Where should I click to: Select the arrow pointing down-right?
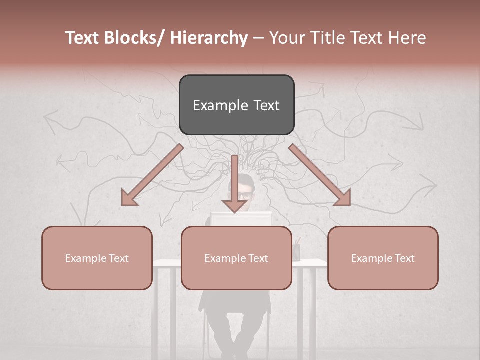point(320,175)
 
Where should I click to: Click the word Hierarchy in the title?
point(209,38)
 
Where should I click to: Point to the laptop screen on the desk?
point(241,218)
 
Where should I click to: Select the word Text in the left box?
point(118,258)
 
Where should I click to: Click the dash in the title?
point(258,38)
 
